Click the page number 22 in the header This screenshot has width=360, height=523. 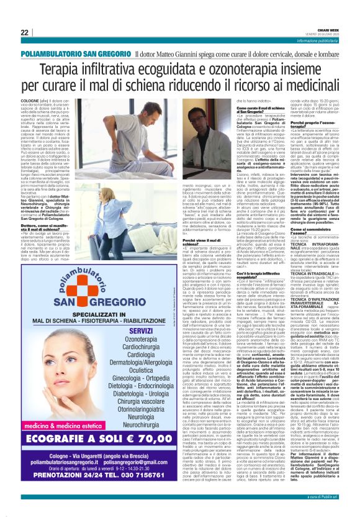coord(25,32)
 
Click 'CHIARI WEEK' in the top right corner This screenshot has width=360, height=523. coord(328,29)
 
